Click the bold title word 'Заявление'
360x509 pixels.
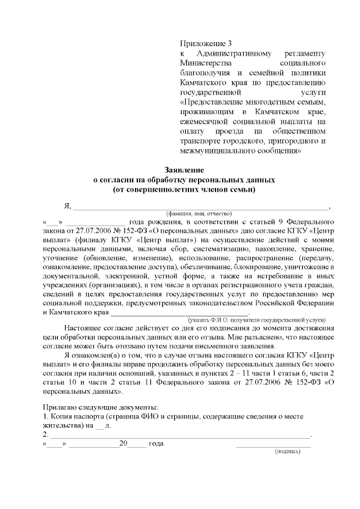tap(183, 170)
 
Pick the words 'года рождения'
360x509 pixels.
tap(155, 223)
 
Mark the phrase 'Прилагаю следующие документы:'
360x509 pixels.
tap(101, 407)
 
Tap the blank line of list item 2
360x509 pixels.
tap(180, 435)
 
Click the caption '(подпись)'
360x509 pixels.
tap(287, 451)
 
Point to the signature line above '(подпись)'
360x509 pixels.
tap(273, 445)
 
